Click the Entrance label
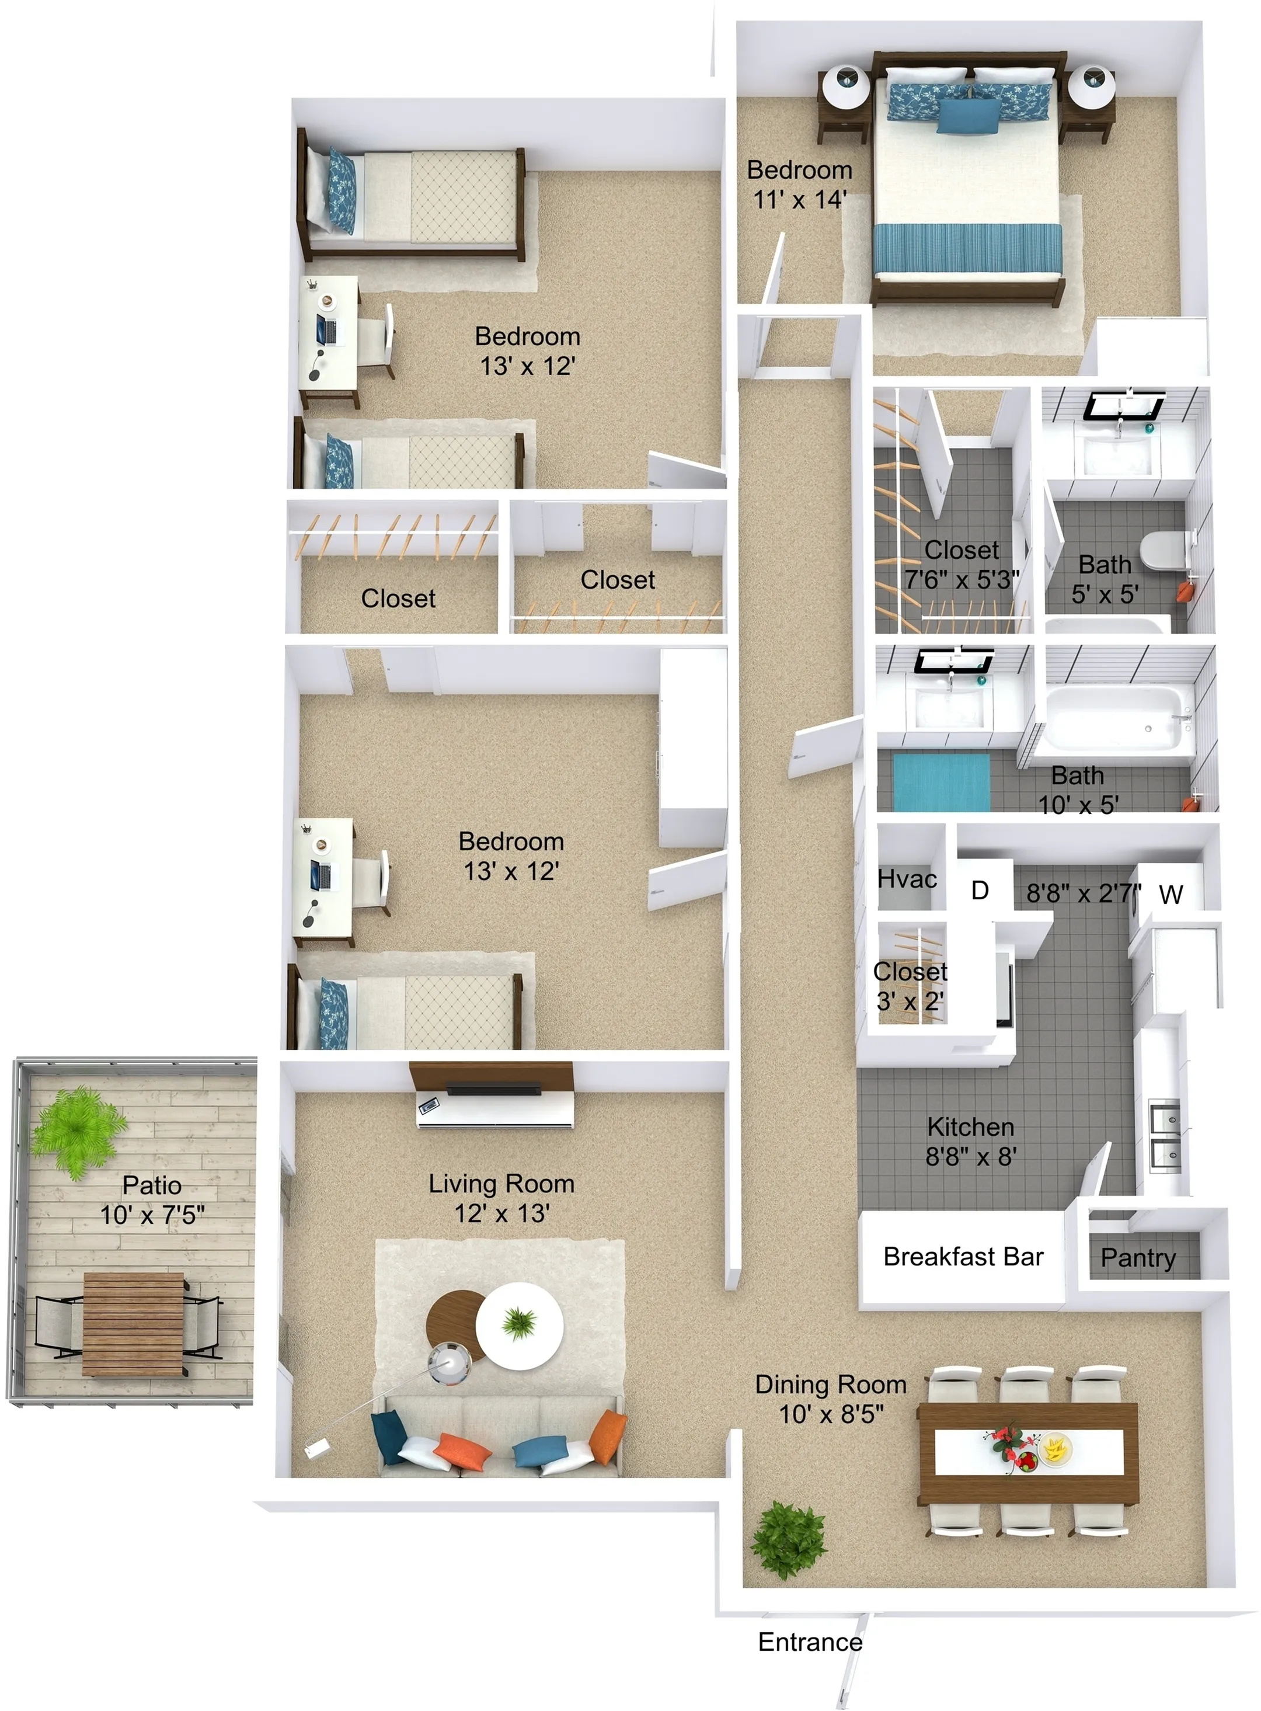point(810,1642)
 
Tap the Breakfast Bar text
point(963,1256)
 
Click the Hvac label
point(907,879)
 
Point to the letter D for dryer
point(980,890)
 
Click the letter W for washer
point(1171,894)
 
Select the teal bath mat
point(941,782)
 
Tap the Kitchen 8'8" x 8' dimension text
point(971,1142)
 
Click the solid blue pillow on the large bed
point(969,117)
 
